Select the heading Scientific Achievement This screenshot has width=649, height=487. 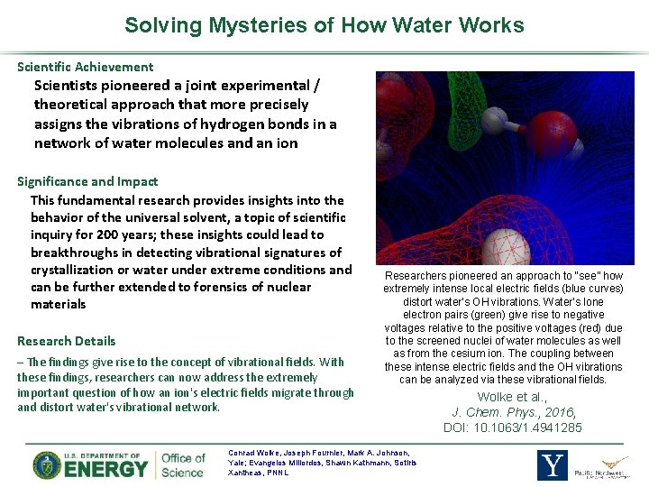click(x=86, y=67)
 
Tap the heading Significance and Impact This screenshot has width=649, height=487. click(x=87, y=181)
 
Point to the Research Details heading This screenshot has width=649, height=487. click(x=67, y=341)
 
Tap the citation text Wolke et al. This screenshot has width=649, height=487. click(x=513, y=397)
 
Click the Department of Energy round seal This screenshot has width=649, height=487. click(x=47, y=465)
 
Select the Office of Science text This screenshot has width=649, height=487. click(x=183, y=465)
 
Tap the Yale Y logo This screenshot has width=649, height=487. click(x=552, y=465)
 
